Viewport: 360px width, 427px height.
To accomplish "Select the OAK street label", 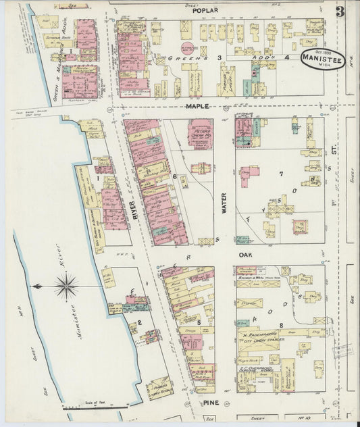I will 245,255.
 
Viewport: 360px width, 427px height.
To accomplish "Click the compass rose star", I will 66,286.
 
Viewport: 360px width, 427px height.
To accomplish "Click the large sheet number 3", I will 340,11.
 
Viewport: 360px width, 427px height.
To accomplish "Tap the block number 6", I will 174,177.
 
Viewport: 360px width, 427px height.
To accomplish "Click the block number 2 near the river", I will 140,322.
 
